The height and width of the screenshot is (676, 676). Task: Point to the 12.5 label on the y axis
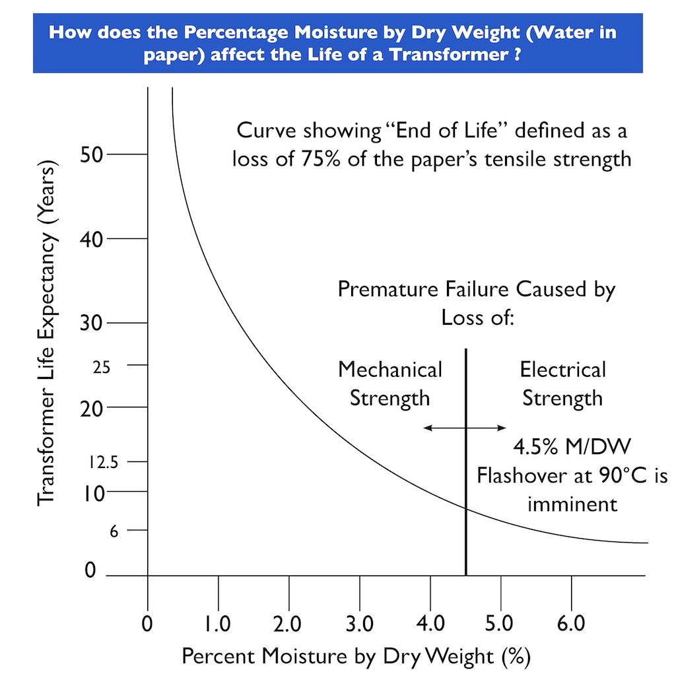coord(103,463)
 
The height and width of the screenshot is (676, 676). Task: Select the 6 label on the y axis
coord(114,531)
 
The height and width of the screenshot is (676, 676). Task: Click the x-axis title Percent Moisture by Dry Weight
coord(356,657)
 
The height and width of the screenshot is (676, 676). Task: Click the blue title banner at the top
coord(337,42)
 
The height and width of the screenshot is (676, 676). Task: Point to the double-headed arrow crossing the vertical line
coord(465,428)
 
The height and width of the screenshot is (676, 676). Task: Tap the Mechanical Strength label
coord(389,384)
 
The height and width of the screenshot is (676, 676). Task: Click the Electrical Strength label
coord(562,384)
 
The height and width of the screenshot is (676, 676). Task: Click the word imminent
coord(572,504)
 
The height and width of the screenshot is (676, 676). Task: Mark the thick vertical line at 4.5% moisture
coord(466,502)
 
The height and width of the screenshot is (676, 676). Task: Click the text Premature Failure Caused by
coord(476,289)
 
